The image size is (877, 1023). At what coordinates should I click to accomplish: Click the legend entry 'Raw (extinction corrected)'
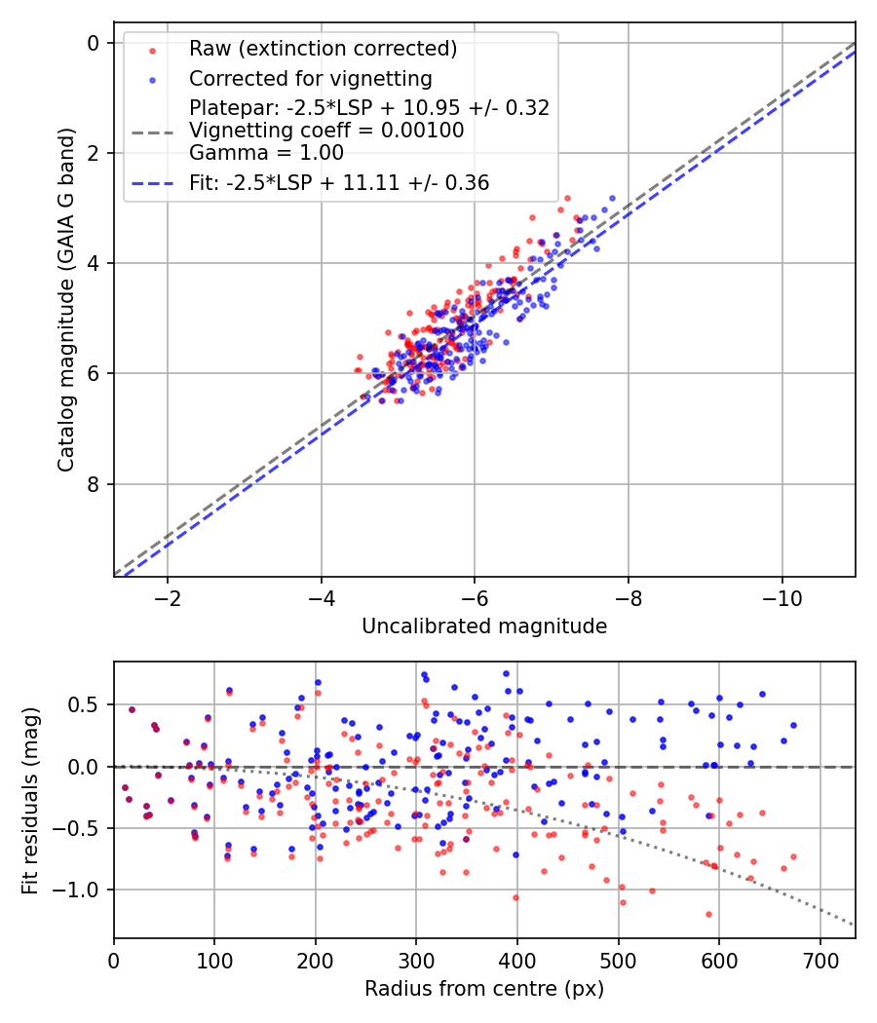pos(323,49)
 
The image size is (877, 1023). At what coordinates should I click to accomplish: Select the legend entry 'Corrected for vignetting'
pos(311,78)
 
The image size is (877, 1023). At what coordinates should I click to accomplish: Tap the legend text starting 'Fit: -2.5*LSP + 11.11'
pos(339,182)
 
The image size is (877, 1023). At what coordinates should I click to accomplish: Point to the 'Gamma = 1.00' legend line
pos(266,152)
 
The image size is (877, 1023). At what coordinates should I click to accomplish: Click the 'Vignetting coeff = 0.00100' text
pos(326,130)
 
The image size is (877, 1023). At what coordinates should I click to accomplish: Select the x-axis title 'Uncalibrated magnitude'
pos(484,626)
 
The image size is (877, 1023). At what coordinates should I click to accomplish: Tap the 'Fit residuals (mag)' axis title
pos(30,801)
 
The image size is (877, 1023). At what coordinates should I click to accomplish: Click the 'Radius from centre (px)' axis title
pos(484,989)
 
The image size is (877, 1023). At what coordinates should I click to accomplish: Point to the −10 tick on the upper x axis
pos(782,595)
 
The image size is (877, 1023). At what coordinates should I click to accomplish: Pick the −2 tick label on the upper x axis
pos(168,595)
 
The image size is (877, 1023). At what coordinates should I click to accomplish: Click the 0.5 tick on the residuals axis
pos(88,704)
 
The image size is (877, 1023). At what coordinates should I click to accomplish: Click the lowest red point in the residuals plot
pos(708,914)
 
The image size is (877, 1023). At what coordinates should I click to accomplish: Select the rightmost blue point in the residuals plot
pos(793,725)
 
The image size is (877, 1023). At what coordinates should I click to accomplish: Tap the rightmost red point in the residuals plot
pos(793,857)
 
